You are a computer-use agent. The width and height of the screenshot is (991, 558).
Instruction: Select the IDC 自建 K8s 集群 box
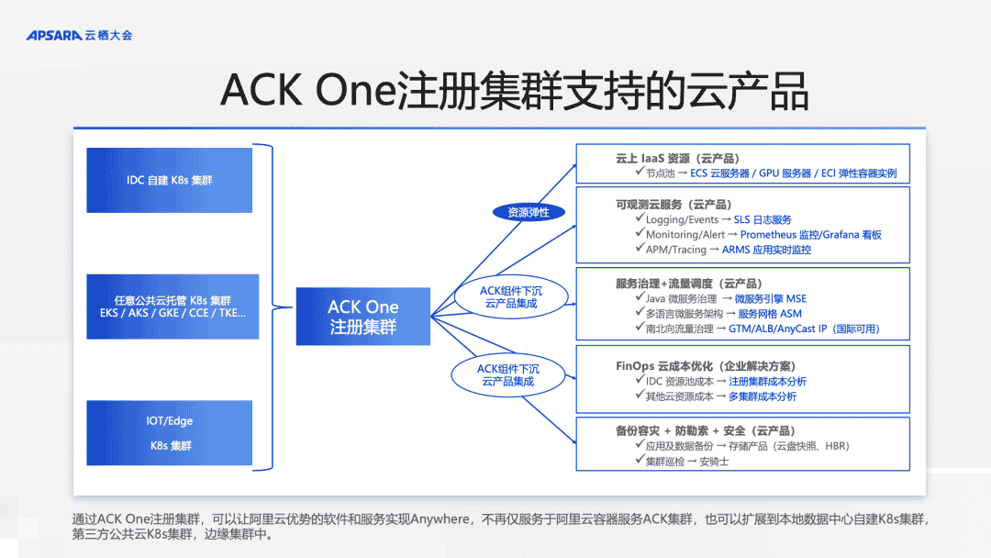[x=170, y=180]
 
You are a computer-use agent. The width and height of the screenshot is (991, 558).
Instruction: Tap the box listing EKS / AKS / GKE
[x=173, y=307]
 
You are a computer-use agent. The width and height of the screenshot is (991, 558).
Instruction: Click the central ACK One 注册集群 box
[x=363, y=317]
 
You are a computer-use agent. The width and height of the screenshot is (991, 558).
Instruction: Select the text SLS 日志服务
[x=763, y=220]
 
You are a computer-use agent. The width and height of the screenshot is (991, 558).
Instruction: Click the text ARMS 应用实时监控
[x=766, y=250]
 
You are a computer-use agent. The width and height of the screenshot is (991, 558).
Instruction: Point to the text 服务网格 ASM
[x=770, y=313]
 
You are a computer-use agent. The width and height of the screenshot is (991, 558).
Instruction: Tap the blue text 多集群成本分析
[x=763, y=396]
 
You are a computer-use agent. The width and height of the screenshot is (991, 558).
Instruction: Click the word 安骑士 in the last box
[x=714, y=461]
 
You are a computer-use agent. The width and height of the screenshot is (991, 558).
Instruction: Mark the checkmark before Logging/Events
[x=640, y=220]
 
